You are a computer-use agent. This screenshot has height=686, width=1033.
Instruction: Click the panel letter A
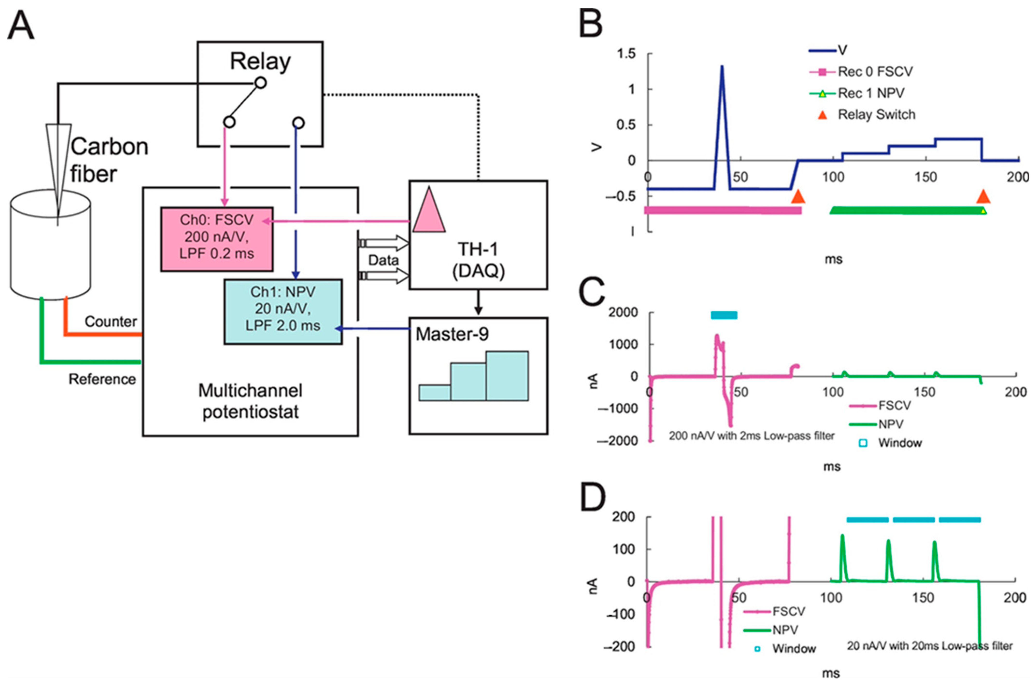pos(21,25)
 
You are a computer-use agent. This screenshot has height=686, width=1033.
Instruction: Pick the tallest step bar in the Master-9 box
pos(507,375)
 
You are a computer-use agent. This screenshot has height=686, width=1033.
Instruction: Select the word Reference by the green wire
pos(102,379)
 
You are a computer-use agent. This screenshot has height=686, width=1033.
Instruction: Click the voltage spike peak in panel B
pos(722,67)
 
